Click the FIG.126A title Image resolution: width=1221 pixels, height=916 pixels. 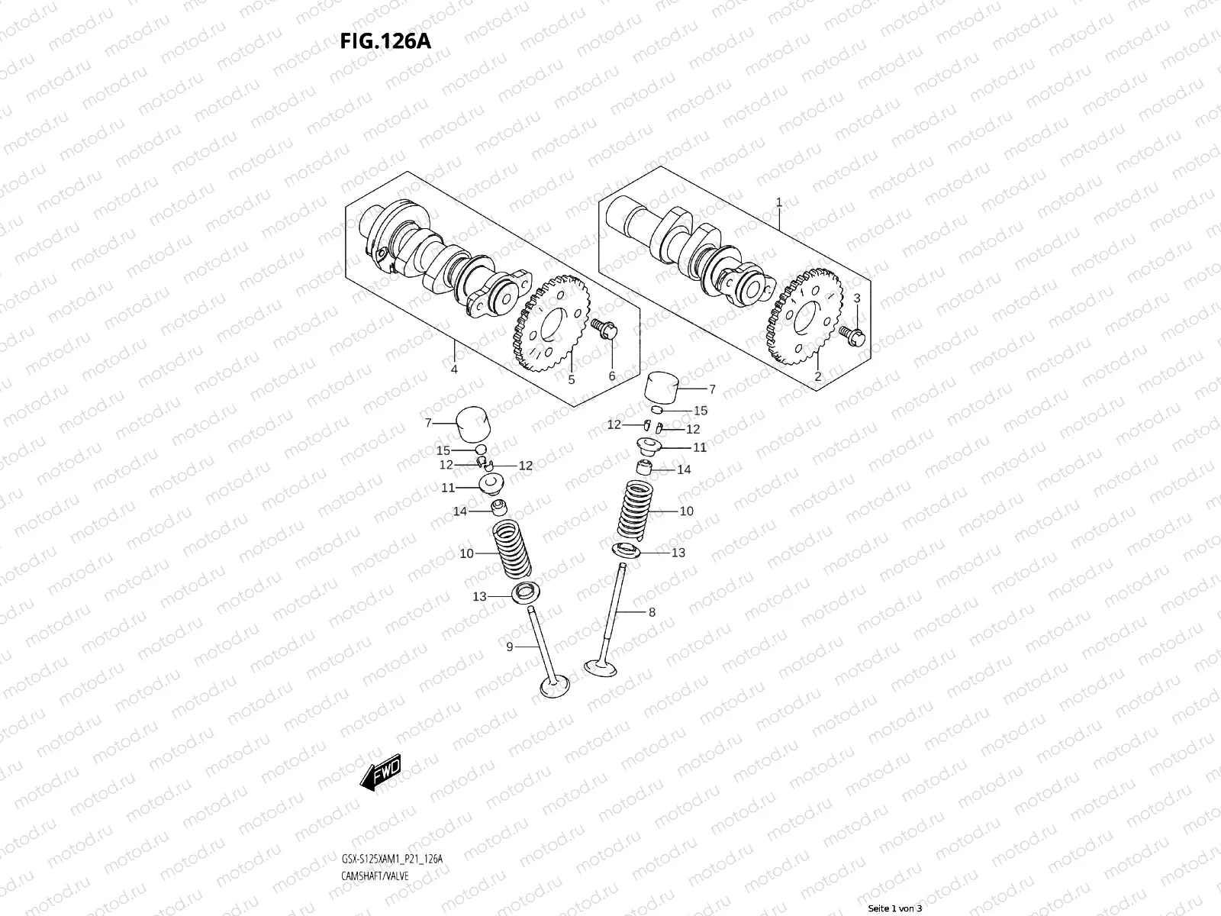[x=385, y=40]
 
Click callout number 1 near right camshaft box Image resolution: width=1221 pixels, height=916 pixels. [x=778, y=203]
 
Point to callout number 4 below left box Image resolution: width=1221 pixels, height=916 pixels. [x=454, y=369]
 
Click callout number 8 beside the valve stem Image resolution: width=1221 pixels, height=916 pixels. [x=651, y=611]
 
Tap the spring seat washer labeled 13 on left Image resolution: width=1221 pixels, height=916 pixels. [x=524, y=594]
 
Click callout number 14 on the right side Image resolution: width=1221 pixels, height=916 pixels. [x=684, y=469]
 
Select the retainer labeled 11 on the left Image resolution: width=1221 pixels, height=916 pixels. [x=489, y=485]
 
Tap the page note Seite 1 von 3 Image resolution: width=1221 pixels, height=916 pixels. [x=895, y=908]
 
